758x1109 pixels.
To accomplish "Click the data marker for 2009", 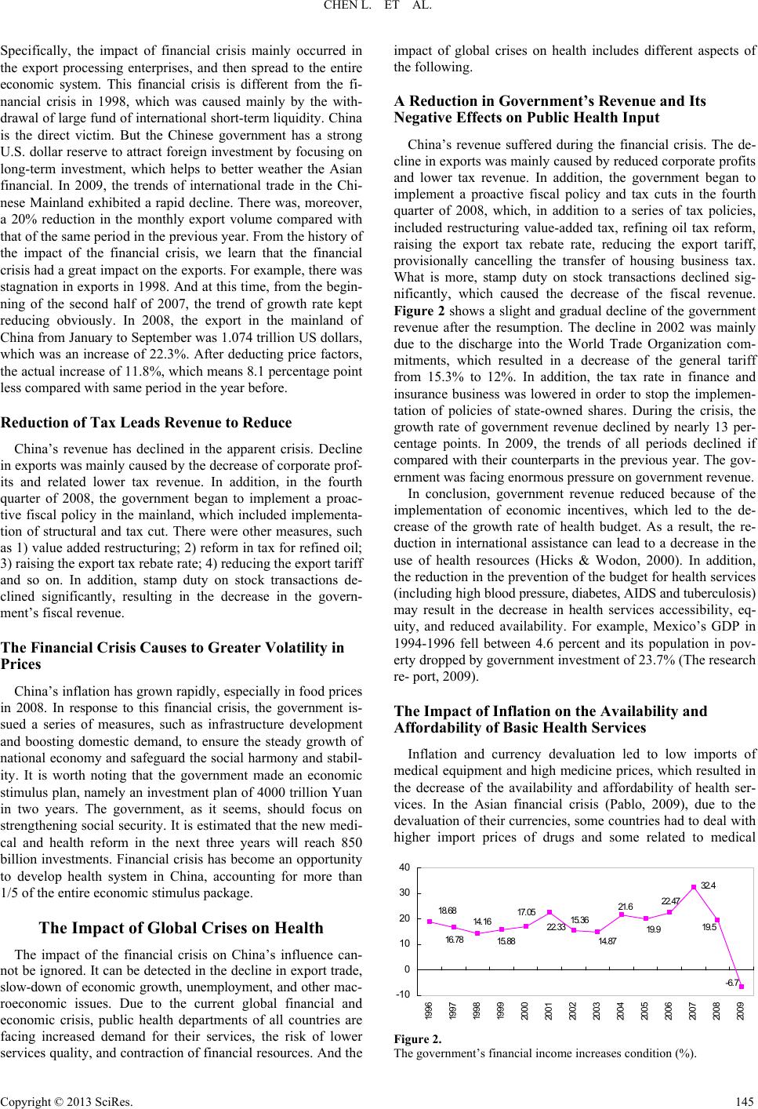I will (x=742, y=987).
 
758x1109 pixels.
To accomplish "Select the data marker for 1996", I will (x=430, y=921).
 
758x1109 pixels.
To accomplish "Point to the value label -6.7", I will (x=732, y=982).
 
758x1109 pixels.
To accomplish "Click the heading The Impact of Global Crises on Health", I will (x=181, y=928).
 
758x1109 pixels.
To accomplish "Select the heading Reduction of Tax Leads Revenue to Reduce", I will (x=146, y=423).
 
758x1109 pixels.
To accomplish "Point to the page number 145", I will (x=745, y=1100).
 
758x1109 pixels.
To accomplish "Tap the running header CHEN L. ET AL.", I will (x=379, y=9).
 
